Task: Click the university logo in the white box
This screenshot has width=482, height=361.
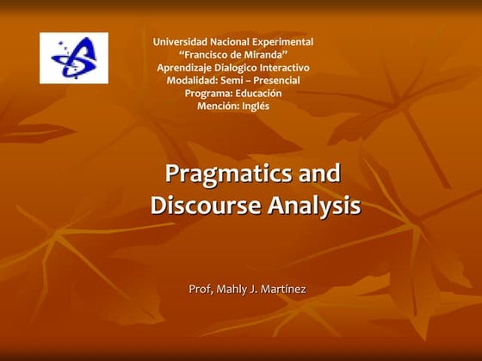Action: (x=74, y=58)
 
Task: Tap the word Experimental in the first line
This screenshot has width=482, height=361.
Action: (x=281, y=41)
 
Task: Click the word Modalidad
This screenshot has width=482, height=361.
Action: (x=192, y=81)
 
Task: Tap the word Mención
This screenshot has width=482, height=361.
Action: (x=218, y=107)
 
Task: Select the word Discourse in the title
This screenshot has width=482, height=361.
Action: (x=205, y=206)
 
